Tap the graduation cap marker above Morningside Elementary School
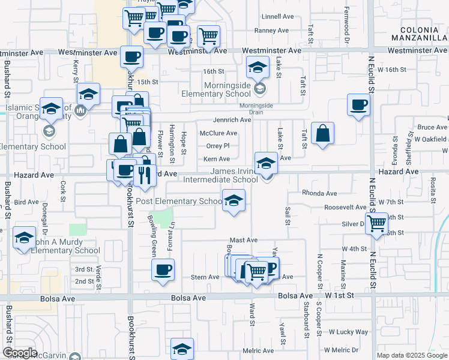257,67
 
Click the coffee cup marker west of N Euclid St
359,105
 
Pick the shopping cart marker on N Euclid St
377,223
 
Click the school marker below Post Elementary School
234,200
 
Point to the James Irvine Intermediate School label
234,175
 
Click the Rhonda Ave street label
319,194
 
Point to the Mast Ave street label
243,240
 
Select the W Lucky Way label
348,332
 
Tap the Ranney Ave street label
273,31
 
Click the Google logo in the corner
19,353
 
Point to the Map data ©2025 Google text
412,355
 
